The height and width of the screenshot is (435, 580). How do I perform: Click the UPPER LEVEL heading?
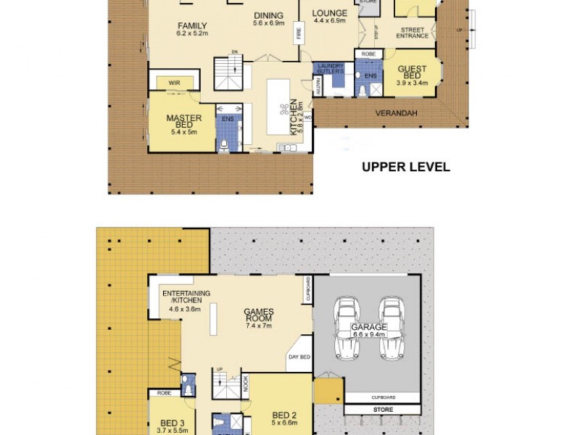pos(406,167)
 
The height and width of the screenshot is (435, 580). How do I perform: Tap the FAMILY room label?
pos(193,25)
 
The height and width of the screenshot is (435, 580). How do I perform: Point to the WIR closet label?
pos(175,83)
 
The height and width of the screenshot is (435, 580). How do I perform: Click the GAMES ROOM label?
pos(257,317)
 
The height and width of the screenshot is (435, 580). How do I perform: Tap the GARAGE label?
pos(368,328)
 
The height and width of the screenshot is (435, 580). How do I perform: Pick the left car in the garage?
pos(345,328)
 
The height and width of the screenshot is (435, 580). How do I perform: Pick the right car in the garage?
pos(391,328)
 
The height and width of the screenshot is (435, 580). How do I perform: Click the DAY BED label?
pos(299,357)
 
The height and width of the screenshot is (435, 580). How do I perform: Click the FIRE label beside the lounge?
pos(297,33)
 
